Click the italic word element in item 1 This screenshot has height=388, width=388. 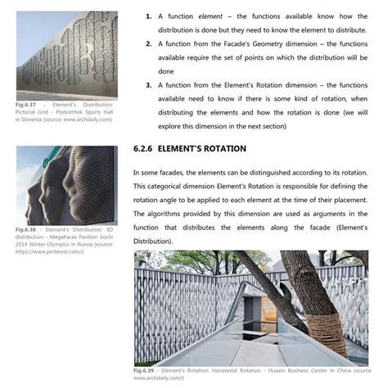tap(210, 16)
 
